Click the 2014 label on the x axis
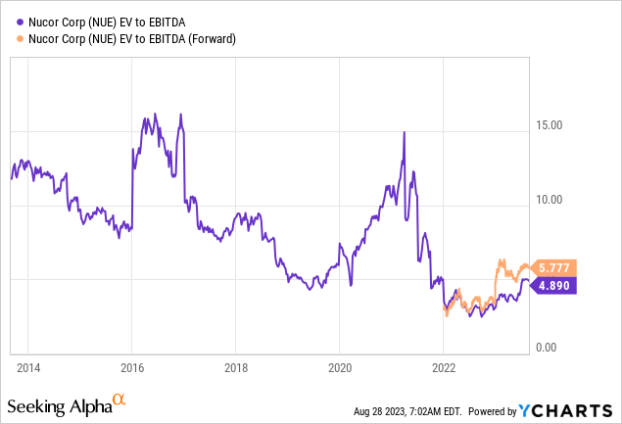pos(27,368)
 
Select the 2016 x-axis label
pos(132,368)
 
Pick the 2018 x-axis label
pos(235,368)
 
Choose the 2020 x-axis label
pos(339,368)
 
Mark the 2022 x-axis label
pos(443,368)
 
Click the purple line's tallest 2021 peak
pos(404,132)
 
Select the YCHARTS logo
pos(572,408)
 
